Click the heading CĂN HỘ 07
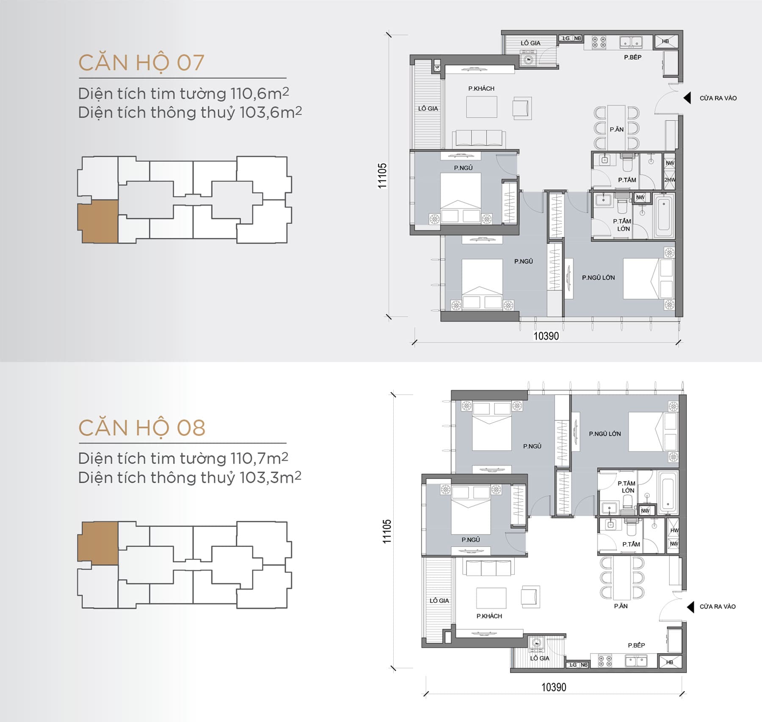(x=141, y=63)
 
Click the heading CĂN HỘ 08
(x=142, y=428)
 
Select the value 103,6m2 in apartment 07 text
(x=271, y=113)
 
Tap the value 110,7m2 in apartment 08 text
(x=259, y=458)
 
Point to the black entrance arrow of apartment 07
(x=687, y=98)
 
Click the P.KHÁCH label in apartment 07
(x=481, y=88)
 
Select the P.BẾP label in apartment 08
(x=636, y=645)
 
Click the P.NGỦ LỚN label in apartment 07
(x=598, y=278)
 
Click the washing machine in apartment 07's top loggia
(x=528, y=59)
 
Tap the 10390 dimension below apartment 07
(x=546, y=336)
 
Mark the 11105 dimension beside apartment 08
(x=387, y=531)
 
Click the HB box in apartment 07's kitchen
(x=666, y=41)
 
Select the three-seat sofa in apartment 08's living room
(x=489, y=568)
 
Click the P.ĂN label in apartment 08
(x=621, y=606)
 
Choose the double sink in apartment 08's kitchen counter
(x=636, y=661)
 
